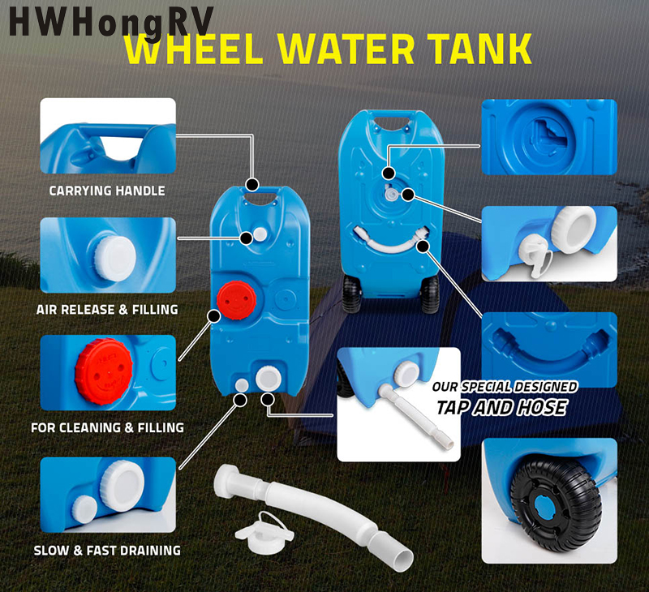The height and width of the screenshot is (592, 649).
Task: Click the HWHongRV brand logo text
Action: click(x=111, y=22)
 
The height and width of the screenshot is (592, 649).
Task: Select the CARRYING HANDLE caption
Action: click(x=107, y=191)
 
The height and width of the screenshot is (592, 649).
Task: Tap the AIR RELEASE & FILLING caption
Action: click(x=107, y=310)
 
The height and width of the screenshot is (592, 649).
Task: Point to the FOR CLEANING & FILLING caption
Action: click(x=108, y=427)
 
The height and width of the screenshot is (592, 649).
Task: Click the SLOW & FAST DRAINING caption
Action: click(x=107, y=550)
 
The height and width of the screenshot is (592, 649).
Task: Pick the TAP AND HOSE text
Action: click(x=501, y=407)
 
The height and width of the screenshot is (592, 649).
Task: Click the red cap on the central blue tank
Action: click(x=236, y=300)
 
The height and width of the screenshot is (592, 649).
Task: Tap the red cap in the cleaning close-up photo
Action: click(x=104, y=371)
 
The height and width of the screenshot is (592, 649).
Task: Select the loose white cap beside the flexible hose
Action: click(x=264, y=533)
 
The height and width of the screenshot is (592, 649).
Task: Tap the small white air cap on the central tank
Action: click(x=260, y=234)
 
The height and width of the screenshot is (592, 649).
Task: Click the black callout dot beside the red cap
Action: click(x=214, y=316)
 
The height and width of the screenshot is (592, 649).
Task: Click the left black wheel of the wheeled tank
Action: click(x=351, y=294)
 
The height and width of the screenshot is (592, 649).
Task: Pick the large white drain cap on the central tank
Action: click(x=269, y=379)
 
